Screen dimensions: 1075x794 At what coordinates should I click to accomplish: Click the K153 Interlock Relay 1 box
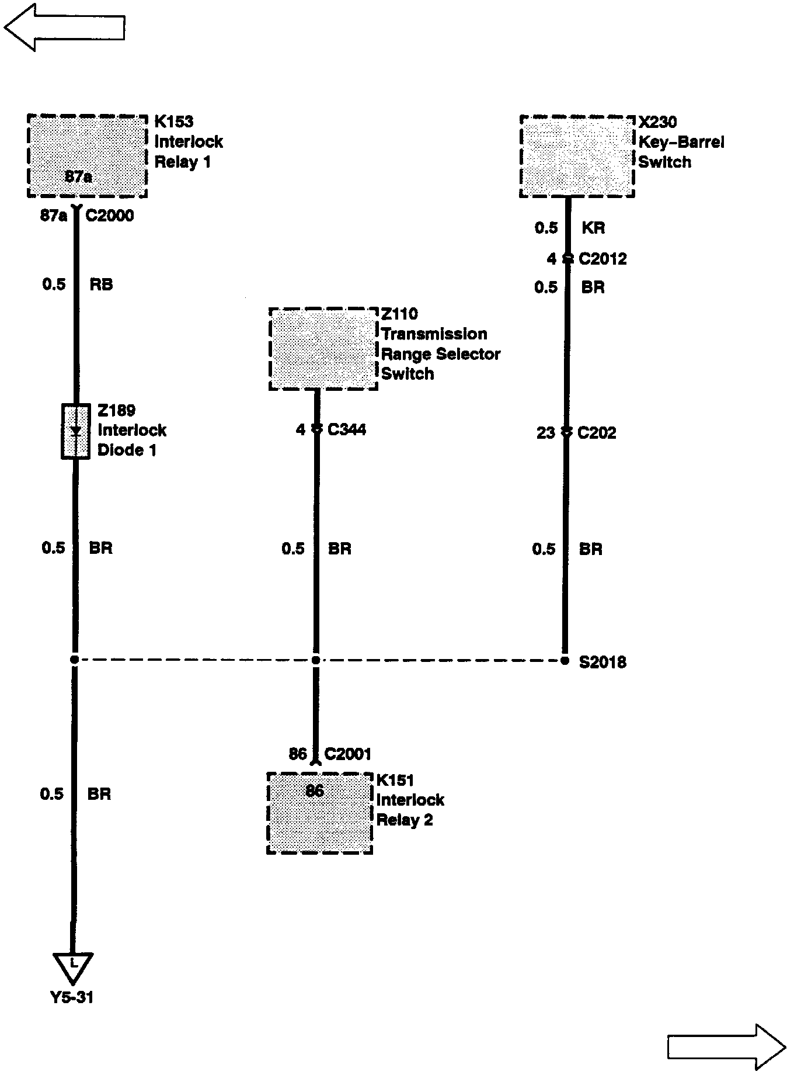pyautogui.click(x=87, y=156)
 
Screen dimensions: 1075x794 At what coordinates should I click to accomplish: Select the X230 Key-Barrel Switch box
pyautogui.click(x=577, y=156)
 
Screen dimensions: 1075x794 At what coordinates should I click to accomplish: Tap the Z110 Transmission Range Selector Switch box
pyautogui.click(x=323, y=349)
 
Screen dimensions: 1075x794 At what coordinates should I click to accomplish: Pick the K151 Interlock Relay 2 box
pyautogui.click(x=319, y=813)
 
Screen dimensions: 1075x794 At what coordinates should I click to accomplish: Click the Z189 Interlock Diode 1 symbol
pyautogui.click(x=76, y=431)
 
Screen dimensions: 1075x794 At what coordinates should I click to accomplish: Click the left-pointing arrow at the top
pyautogui.click(x=64, y=27)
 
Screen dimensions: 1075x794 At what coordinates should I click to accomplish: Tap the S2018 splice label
pyautogui.click(x=603, y=662)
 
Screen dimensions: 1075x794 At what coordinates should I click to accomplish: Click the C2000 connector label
pyautogui.click(x=110, y=216)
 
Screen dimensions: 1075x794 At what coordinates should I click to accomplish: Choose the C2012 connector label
pyautogui.click(x=603, y=259)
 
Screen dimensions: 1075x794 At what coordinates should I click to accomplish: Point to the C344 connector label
pyautogui.click(x=347, y=430)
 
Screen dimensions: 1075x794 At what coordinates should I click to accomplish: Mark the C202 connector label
pyautogui.click(x=597, y=433)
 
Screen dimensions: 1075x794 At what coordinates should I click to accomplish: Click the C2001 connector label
pyautogui.click(x=347, y=754)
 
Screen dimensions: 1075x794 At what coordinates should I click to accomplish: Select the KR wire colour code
pyautogui.click(x=593, y=228)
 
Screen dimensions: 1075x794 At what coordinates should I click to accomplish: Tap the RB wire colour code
pyautogui.click(x=101, y=285)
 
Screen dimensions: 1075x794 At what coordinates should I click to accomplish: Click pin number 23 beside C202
pyautogui.click(x=545, y=433)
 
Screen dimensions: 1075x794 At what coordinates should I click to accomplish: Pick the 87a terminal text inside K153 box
pyautogui.click(x=78, y=177)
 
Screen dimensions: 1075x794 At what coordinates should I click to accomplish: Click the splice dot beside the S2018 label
pyautogui.click(x=565, y=661)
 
